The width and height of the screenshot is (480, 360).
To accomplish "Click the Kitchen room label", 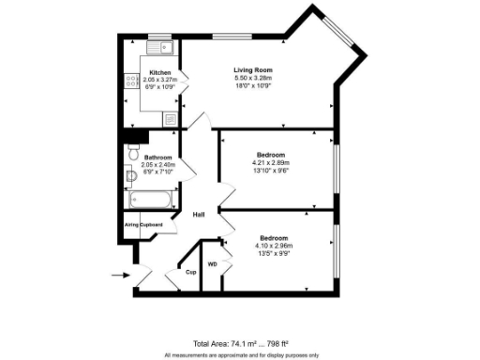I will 160,72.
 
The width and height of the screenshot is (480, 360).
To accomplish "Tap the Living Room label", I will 252,69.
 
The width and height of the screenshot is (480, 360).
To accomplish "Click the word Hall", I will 199,216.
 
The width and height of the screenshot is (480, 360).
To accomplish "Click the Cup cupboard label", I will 189,272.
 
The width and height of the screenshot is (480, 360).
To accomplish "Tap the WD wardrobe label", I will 212,265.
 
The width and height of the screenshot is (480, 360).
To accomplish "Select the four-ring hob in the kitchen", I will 129,82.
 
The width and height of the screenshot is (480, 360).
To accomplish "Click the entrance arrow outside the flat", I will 120,275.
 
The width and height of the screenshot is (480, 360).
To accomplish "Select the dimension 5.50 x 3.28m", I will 252,78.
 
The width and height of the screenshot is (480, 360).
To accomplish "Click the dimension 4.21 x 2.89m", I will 271,163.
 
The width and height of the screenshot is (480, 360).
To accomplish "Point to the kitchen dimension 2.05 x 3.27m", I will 160,80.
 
